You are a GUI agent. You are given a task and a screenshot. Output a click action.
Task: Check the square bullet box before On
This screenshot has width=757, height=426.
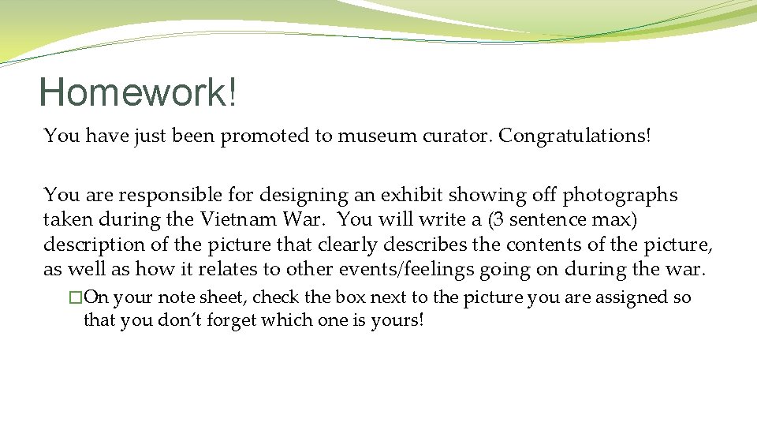(x=76, y=298)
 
